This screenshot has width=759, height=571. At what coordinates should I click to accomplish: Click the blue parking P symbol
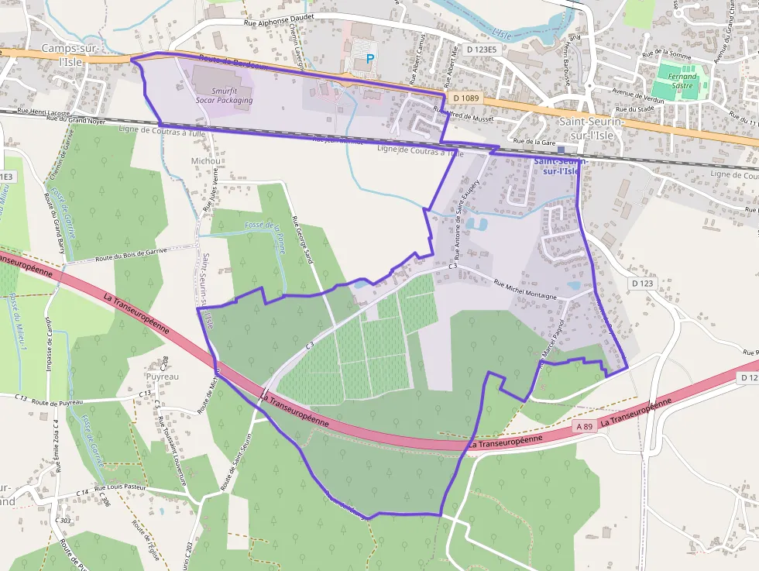(369, 58)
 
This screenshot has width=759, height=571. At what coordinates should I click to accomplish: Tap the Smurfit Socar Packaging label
(224, 95)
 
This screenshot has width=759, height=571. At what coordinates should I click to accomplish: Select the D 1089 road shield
(465, 98)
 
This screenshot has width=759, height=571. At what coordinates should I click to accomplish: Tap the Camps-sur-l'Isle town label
(67, 54)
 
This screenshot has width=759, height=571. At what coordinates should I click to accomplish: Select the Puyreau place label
(163, 377)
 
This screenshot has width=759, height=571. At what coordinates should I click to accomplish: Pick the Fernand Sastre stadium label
(684, 81)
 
